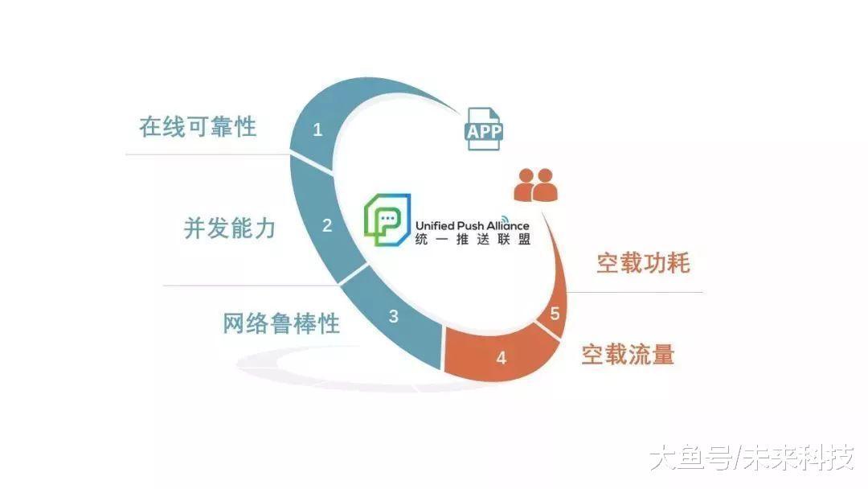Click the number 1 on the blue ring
(x=317, y=129)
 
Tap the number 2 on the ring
(x=327, y=225)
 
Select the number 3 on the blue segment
(x=394, y=316)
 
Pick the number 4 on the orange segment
(x=501, y=358)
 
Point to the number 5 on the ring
(x=555, y=314)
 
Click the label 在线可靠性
(x=198, y=127)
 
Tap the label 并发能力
(x=229, y=228)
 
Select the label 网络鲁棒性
(x=281, y=323)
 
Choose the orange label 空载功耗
(x=643, y=262)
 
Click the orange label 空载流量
(x=628, y=354)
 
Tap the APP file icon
(x=483, y=129)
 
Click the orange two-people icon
(x=535, y=185)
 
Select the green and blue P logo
(x=387, y=220)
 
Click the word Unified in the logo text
(x=435, y=225)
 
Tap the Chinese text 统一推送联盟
(x=473, y=239)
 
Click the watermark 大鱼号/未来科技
(x=751, y=458)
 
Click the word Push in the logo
(x=469, y=225)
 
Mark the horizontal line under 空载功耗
(x=635, y=292)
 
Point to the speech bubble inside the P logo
(x=387, y=219)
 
